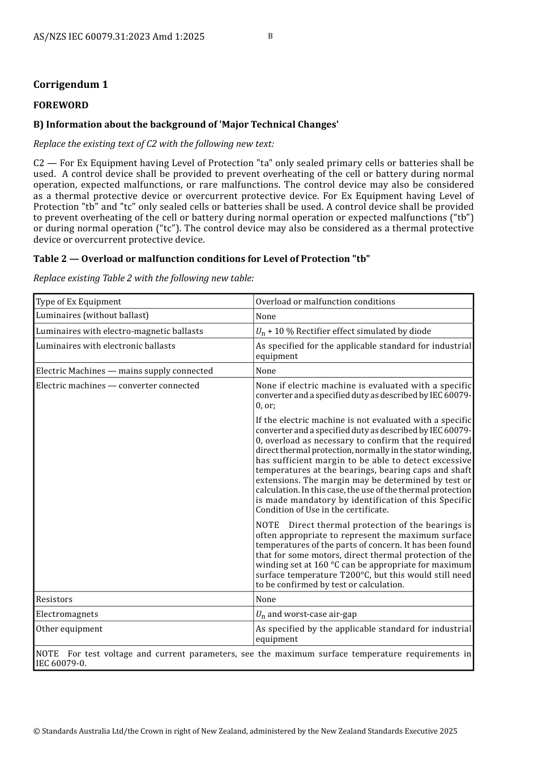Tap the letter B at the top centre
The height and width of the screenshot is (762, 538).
point(270,36)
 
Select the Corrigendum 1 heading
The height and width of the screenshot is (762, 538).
point(71,84)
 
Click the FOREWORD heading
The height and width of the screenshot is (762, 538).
point(61,105)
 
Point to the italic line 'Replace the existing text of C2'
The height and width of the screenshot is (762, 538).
point(153,144)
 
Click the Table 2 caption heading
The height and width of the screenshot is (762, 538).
point(202,259)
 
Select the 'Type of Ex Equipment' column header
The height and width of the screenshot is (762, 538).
point(79,302)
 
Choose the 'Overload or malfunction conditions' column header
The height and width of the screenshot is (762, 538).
point(325,302)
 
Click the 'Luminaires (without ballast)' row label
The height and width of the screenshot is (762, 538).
point(92,316)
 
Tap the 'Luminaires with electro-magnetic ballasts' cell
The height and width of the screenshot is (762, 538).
point(119,331)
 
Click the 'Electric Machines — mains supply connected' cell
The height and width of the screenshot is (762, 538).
point(125,371)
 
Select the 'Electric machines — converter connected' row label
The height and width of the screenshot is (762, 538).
point(118,386)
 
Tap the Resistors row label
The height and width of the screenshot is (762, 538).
point(54,599)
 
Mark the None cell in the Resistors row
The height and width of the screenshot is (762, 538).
point(266,599)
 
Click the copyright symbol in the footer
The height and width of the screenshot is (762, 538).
point(37,731)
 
